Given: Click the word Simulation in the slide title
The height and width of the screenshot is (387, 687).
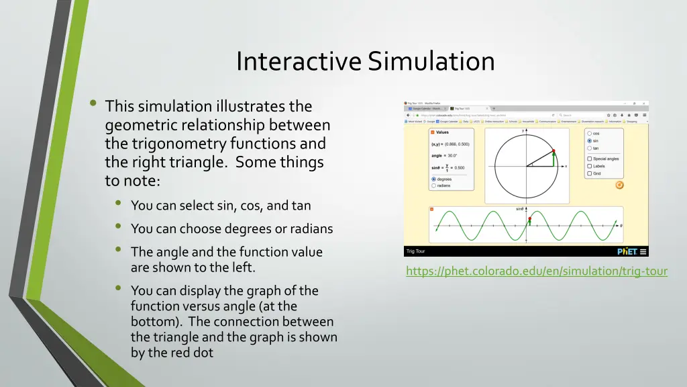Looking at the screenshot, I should point(431,62).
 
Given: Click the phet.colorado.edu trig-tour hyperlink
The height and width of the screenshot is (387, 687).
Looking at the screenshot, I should point(536,271).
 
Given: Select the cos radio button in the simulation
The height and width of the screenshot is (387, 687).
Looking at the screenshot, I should point(589,134).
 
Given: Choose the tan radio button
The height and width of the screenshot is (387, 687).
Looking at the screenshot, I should point(589,148).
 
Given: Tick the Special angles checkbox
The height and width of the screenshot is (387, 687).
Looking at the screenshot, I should point(589,159).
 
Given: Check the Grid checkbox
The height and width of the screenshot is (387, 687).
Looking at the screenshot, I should point(589,173).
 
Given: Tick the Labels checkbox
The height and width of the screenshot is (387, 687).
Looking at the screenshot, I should point(589,166).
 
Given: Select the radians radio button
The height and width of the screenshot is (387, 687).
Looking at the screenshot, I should point(433,185).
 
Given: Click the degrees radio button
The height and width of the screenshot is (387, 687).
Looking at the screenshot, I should point(433,179).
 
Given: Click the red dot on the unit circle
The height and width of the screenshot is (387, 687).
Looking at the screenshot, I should point(553,151).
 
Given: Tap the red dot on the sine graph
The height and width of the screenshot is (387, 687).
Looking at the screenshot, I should point(529,219).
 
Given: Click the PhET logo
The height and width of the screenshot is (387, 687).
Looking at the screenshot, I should point(626,251).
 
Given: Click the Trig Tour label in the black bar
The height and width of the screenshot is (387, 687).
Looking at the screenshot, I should point(415,251).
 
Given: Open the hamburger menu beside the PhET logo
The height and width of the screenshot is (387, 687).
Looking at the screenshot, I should point(643,251).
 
